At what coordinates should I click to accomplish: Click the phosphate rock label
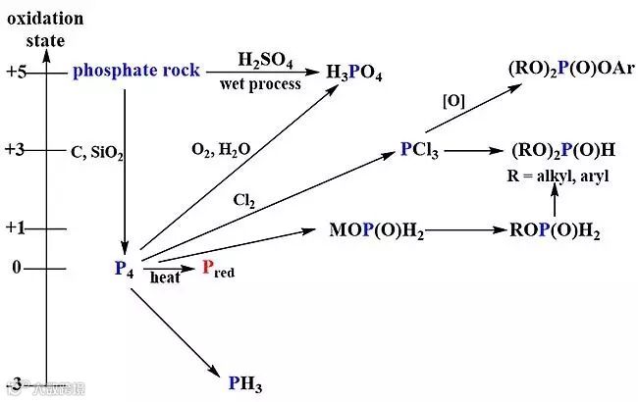[136, 71]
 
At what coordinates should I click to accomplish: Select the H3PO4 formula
[354, 75]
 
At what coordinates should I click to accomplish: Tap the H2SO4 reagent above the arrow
[265, 61]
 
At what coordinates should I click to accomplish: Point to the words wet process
[262, 84]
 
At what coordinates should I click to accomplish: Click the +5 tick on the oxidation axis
[18, 72]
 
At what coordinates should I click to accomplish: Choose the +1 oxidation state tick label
[18, 228]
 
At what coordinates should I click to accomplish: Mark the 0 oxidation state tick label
[16, 267]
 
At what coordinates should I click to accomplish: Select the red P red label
[217, 268]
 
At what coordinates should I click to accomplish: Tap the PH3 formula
[245, 382]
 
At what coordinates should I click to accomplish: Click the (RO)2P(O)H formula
[563, 150]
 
